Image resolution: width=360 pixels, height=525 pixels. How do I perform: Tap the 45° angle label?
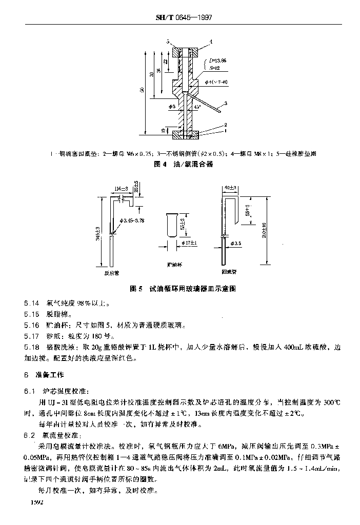click(197, 107)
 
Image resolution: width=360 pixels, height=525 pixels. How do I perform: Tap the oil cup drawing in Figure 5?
click(172, 226)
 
